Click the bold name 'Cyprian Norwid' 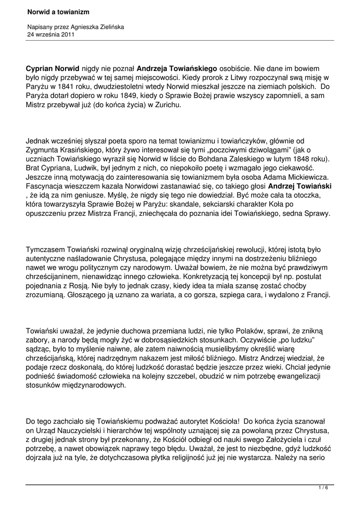point(53,68)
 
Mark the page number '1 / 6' point(323,488)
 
